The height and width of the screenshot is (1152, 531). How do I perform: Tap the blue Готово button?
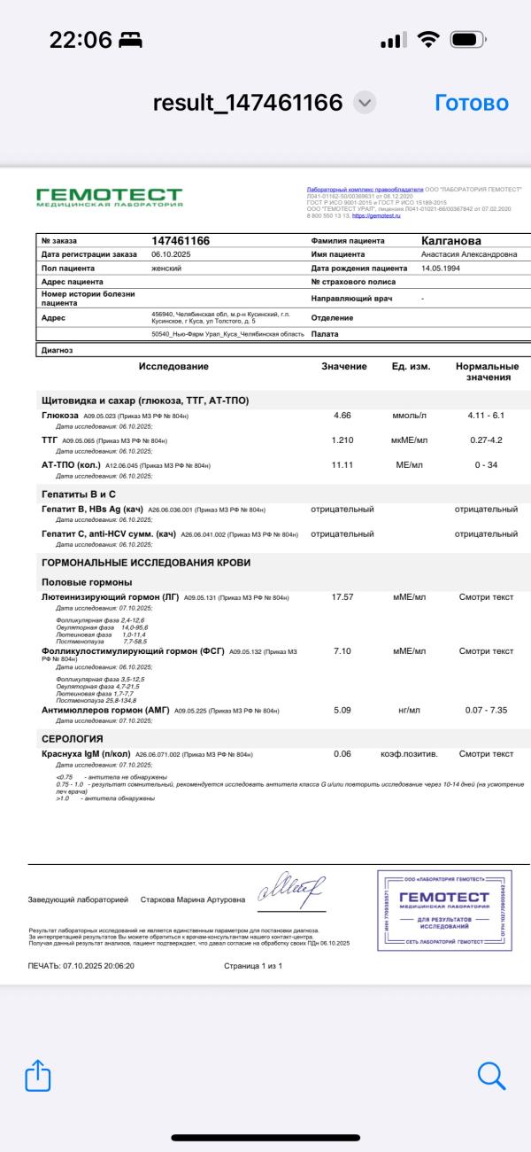tap(472, 103)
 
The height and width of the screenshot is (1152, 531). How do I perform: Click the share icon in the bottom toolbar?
tap(38, 1076)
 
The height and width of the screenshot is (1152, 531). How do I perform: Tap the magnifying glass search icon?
tap(490, 1076)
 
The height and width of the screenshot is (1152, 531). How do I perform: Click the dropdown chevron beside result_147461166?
tap(364, 103)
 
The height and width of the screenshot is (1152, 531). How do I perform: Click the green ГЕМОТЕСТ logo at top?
tap(109, 197)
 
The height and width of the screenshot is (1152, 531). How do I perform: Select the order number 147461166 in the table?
tap(181, 240)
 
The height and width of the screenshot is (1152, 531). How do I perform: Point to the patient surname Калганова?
tap(451, 240)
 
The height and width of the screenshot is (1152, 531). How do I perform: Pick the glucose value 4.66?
tap(342, 416)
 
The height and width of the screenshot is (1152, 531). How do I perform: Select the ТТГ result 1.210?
tap(342, 440)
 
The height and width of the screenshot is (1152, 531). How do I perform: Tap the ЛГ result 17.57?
tap(342, 597)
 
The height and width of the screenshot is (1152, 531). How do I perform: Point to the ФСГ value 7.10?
tap(342, 651)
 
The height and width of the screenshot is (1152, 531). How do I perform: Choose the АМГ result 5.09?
tap(342, 710)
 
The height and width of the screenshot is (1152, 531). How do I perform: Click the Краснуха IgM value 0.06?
tap(342, 754)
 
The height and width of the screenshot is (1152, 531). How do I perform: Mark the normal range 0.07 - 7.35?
tap(487, 710)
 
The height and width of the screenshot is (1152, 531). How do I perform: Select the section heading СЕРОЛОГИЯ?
tap(73, 738)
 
